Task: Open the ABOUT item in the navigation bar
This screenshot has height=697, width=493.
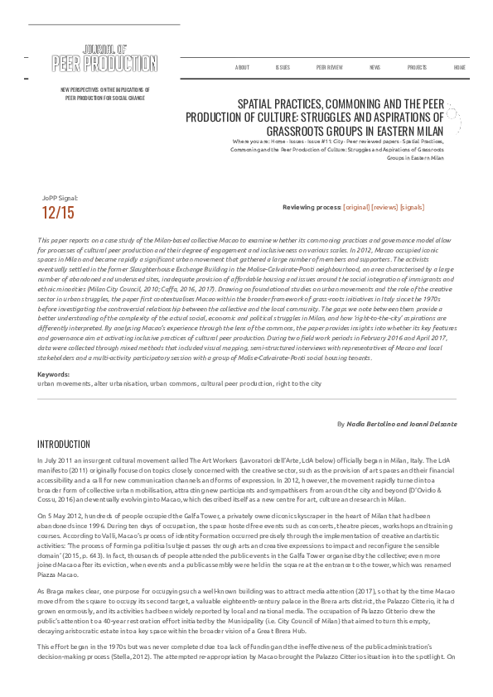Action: click(242, 67)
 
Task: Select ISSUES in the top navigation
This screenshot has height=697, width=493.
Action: click(283, 67)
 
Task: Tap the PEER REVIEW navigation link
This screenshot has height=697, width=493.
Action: click(329, 67)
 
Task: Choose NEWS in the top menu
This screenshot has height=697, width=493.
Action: click(375, 67)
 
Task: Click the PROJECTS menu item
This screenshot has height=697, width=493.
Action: click(417, 67)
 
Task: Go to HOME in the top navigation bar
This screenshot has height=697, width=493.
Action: click(460, 67)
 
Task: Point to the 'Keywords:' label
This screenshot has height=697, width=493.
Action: click(54, 375)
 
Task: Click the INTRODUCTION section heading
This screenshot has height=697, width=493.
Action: click(64, 445)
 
